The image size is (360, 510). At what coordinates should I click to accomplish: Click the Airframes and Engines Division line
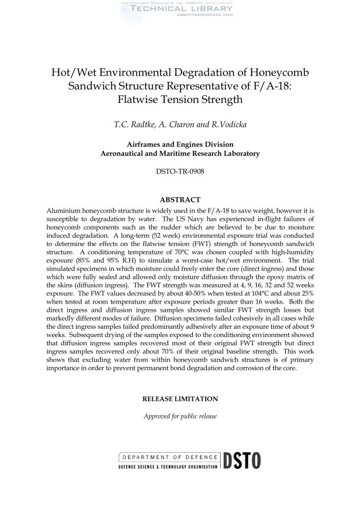180,145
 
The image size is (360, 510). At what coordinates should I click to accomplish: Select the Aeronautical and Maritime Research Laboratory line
180,153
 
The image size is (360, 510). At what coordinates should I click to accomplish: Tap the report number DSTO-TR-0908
180,171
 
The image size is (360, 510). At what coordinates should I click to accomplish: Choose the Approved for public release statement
180,416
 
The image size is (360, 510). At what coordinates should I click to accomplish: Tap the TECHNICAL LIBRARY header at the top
176,9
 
